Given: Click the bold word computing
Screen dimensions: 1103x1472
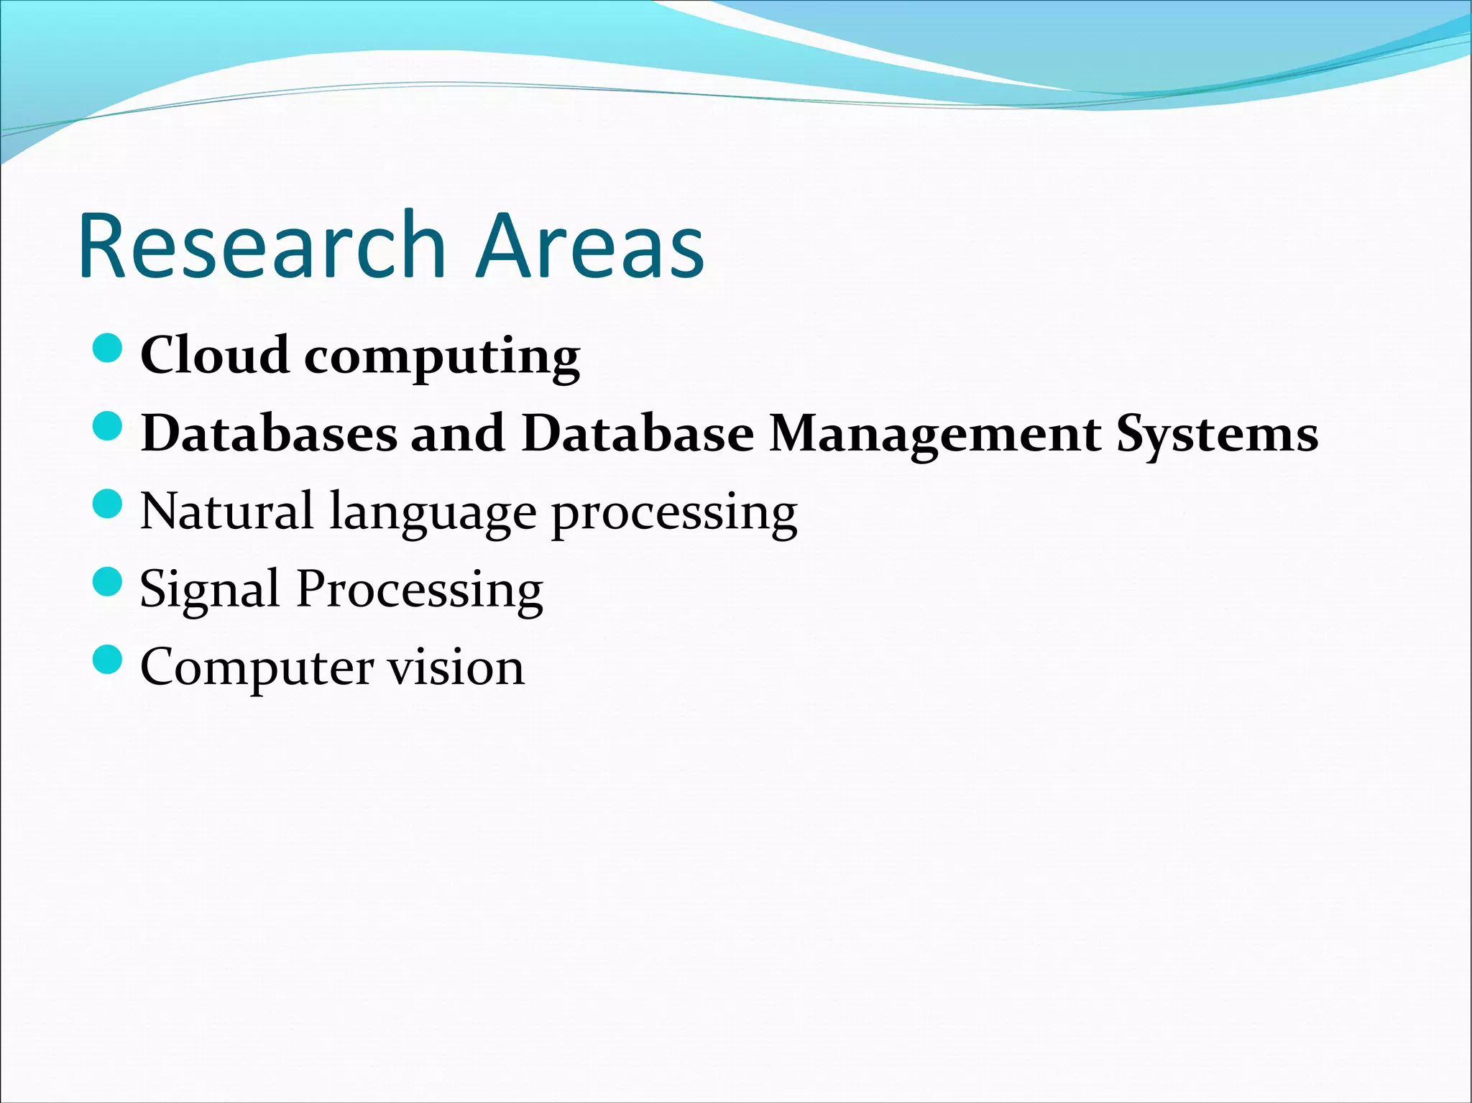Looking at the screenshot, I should point(442,358).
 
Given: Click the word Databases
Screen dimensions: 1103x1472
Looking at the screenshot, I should point(269,433).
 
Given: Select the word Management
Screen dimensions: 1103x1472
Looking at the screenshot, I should point(934,435).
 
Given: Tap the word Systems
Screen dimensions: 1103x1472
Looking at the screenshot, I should point(1217,435).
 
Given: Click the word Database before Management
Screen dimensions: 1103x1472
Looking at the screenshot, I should point(638,433).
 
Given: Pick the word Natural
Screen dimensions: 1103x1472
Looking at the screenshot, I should point(226,512).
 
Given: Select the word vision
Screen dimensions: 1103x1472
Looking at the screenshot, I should point(456,667).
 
